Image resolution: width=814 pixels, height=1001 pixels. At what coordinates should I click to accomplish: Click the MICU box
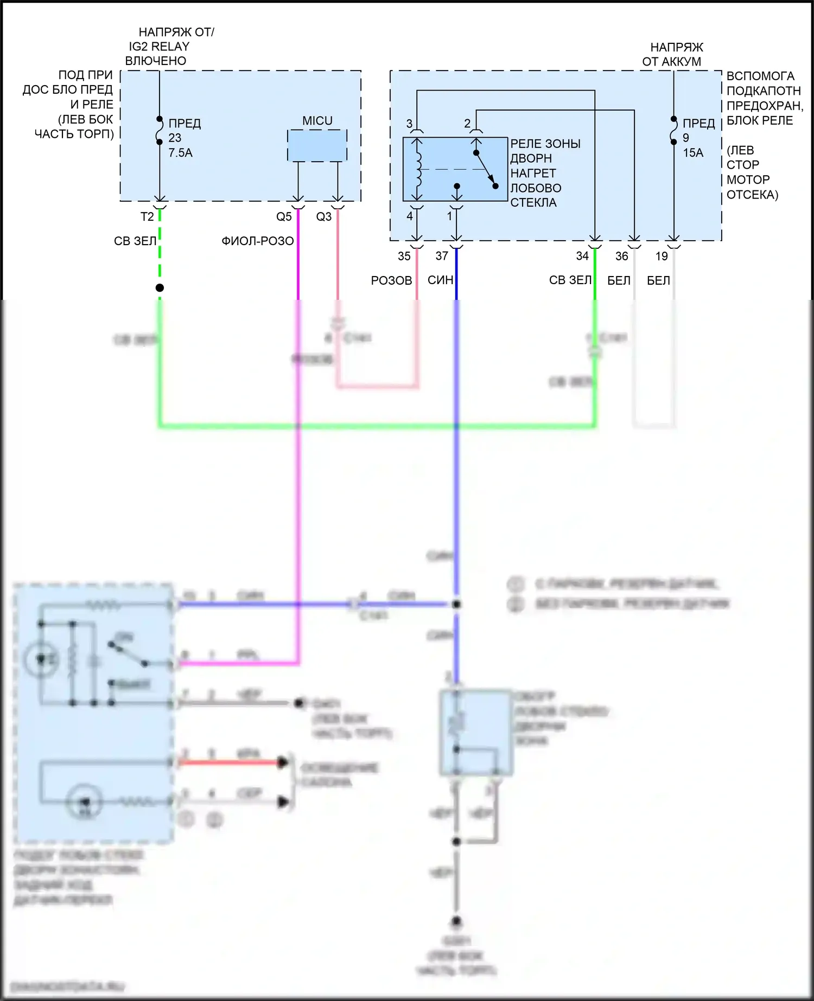click(317, 145)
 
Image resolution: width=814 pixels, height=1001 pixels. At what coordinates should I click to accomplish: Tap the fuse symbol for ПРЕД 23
click(160, 130)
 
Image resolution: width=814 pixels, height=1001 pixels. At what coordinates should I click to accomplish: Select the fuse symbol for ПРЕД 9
click(673, 130)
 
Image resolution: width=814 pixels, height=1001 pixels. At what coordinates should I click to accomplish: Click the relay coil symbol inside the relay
click(417, 169)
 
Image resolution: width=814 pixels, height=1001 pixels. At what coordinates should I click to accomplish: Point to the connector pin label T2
click(147, 217)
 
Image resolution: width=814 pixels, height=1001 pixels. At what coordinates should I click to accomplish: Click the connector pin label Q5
click(284, 217)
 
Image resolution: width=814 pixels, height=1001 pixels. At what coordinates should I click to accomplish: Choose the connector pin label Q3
click(324, 217)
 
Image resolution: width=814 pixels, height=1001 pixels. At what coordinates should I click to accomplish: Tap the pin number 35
click(404, 256)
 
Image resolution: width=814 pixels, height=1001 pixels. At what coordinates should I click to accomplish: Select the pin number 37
click(442, 256)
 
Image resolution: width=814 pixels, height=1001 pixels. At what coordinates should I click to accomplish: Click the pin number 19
click(662, 256)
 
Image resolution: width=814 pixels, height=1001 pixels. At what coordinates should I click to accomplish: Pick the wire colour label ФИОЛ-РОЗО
click(258, 241)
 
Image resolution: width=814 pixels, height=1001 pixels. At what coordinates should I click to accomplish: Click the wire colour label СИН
click(440, 280)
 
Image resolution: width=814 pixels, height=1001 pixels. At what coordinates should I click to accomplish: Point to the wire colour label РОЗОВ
click(391, 280)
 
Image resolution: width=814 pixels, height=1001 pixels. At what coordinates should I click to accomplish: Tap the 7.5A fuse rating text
click(180, 153)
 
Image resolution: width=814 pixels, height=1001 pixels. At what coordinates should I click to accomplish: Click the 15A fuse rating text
click(693, 153)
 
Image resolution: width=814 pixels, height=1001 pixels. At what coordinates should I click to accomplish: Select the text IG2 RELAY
click(159, 47)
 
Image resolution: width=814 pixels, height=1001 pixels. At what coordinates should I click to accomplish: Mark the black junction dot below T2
click(160, 288)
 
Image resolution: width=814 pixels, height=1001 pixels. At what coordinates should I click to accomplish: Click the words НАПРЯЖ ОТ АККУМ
click(673, 54)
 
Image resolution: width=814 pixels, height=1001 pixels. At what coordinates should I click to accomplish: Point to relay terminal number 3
click(409, 124)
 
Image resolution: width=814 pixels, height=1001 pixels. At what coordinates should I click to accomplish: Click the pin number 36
click(622, 256)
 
